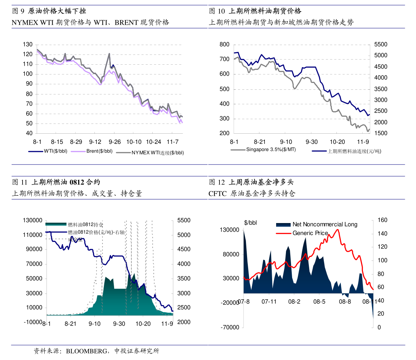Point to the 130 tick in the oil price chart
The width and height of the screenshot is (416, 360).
tap(28, 44)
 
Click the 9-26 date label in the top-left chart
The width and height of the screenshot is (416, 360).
tap(115, 142)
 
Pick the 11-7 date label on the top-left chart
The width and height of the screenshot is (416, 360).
tap(172, 142)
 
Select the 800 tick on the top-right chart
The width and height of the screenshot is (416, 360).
tap(224, 44)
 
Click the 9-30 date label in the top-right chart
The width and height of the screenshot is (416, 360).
tap(311, 142)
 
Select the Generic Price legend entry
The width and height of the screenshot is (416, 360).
tap(310, 233)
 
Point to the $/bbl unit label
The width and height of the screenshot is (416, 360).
tap(250, 223)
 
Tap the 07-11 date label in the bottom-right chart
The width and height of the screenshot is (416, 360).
tap(269, 302)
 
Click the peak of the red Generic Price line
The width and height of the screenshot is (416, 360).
tap(338, 229)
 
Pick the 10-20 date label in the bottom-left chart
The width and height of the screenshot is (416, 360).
tap(143, 323)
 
